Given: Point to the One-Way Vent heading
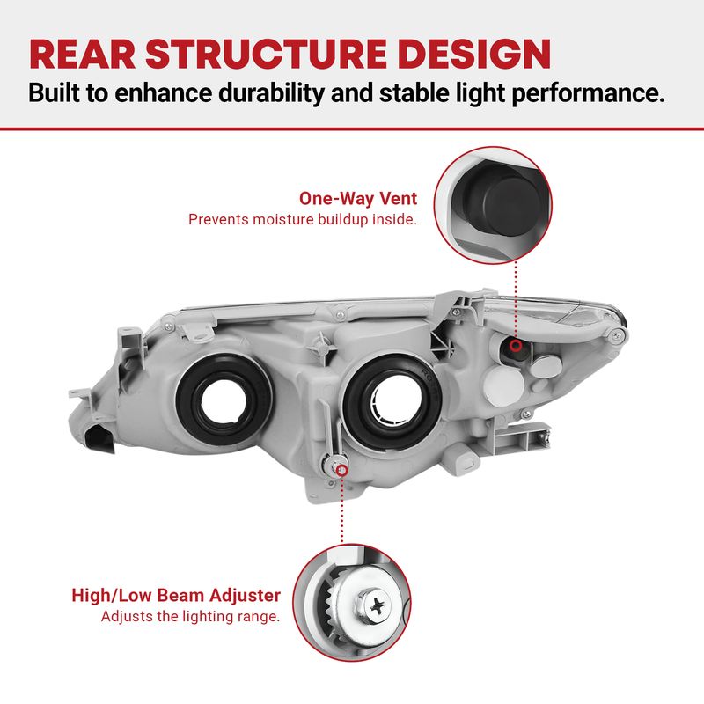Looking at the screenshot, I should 357,199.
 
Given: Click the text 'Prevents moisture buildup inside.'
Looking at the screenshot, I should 302,219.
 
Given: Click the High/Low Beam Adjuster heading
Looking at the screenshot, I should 176,596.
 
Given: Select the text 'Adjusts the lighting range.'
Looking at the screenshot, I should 190,617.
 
